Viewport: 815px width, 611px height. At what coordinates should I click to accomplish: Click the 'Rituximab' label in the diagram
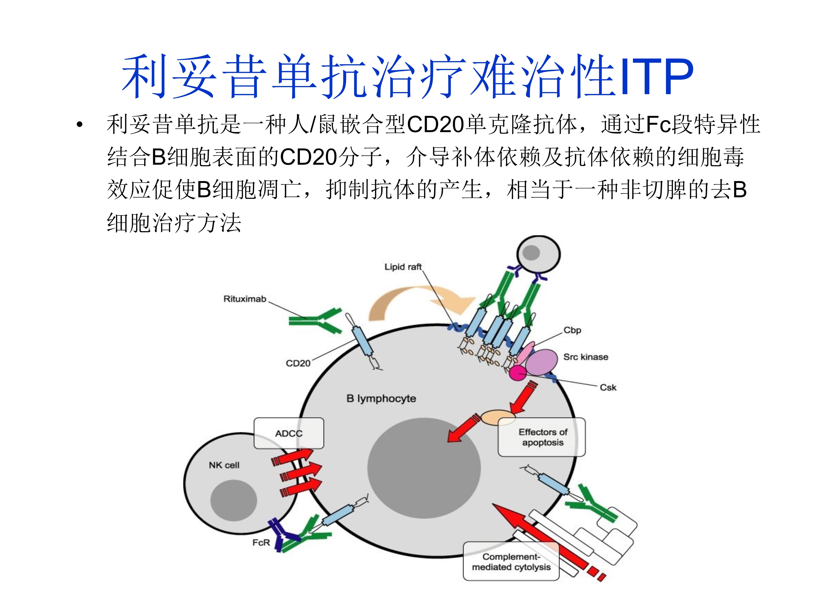point(245,299)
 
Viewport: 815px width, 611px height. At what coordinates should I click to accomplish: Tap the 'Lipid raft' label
point(403,267)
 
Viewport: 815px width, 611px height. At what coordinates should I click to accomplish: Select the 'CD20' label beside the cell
point(298,364)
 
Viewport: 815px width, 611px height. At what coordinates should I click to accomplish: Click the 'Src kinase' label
point(585,357)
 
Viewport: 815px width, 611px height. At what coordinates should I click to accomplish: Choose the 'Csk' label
point(608,388)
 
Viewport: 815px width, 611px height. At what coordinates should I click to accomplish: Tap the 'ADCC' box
point(289,433)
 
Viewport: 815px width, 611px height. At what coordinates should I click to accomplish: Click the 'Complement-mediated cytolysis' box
point(511,562)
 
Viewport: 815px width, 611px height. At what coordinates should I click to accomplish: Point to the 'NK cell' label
point(224,465)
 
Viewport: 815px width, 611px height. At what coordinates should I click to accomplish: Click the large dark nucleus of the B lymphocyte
point(424,468)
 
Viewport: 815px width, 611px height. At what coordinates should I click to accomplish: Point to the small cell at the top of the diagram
point(538,254)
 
